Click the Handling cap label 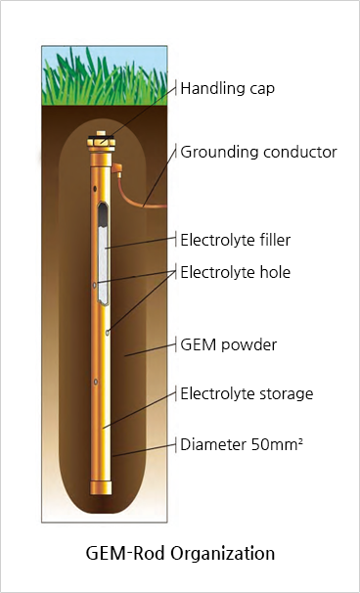[x=227, y=88]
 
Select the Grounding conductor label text [x=258, y=152]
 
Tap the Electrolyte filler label [x=235, y=239]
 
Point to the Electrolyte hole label [x=234, y=271]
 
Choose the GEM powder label [x=229, y=344]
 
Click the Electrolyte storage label [x=246, y=393]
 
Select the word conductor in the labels [x=298, y=152]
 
